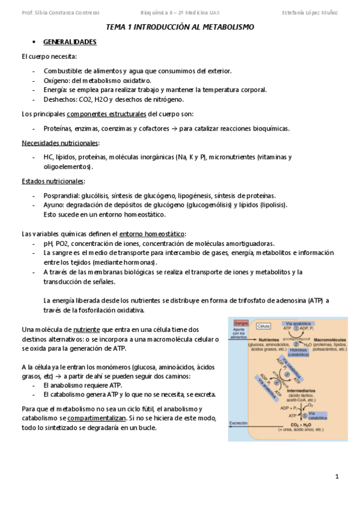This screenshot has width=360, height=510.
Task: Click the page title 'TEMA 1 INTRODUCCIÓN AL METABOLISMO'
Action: [180, 27]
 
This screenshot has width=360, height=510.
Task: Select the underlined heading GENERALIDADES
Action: [70, 42]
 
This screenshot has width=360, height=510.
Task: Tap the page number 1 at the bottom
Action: [337, 477]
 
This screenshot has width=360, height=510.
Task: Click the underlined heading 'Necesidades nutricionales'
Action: [60, 143]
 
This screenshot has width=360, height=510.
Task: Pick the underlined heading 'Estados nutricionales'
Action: [53, 181]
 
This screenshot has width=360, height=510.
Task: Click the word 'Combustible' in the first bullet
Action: [63, 71]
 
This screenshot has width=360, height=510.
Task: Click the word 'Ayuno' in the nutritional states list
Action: [53, 205]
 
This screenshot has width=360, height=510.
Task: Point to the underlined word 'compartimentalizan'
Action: [97, 417]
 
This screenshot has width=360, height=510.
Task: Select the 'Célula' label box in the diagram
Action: [263, 326]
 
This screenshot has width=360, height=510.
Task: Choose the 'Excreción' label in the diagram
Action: [239, 423]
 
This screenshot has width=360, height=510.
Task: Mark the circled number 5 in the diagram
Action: [305, 414]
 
